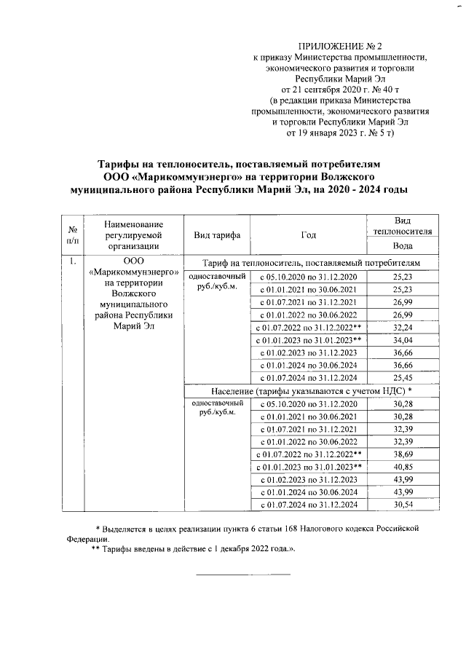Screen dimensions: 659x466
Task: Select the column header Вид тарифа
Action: (x=216, y=234)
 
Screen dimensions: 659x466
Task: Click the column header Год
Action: (x=308, y=234)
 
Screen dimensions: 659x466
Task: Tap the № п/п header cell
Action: (x=74, y=234)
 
